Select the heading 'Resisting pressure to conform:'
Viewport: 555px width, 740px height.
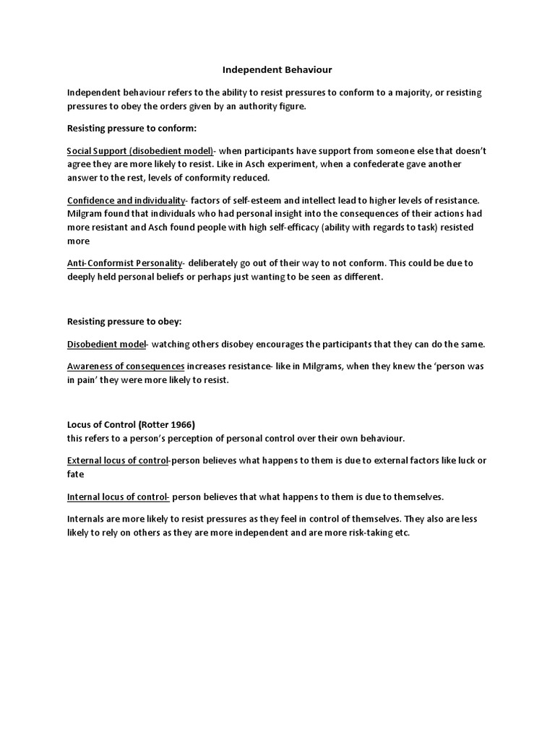tap(126, 129)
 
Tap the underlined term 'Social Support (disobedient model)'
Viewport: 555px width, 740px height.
tap(140, 151)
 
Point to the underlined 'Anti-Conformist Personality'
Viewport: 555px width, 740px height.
tap(125, 263)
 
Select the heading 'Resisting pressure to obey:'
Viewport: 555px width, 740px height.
tap(119, 320)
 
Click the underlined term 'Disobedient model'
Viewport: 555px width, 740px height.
tap(106, 343)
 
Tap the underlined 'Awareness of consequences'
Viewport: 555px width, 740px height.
tap(126, 366)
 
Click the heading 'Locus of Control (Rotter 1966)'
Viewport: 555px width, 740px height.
tap(131, 424)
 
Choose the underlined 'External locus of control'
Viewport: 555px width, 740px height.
tap(117, 460)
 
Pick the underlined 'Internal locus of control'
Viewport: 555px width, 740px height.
tap(118, 497)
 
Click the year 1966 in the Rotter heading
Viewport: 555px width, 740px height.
tap(181, 424)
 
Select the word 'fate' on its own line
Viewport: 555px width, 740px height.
tap(76, 475)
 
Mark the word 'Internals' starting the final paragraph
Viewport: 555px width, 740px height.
tap(87, 520)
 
